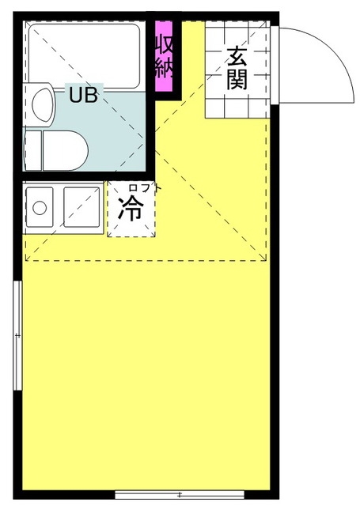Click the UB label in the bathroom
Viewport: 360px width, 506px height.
[x=84, y=95]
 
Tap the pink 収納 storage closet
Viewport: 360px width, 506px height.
[x=164, y=56]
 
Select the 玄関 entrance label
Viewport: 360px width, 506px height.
[x=237, y=69]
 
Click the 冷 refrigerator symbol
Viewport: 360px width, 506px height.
[x=131, y=209]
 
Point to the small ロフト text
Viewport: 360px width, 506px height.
[x=144, y=188]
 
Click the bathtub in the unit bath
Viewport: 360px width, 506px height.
[x=84, y=56]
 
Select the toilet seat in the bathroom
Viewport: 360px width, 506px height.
[x=65, y=150]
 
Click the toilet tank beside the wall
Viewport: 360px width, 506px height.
[x=33, y=150]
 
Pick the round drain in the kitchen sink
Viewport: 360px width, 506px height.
[x=40, y=208]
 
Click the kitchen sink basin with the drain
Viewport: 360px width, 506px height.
[x=40, y=207]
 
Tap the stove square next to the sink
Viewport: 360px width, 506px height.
[x=82, y=207]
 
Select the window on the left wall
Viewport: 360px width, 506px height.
[x=17, y=335]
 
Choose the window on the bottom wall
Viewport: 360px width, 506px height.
[x=180, y=494]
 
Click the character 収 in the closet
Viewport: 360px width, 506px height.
[x=164, y=44]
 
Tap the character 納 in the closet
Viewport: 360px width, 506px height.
[x=164, y=69]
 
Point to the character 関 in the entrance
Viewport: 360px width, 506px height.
[x=237, y=79]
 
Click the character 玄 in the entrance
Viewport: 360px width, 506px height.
[x=237, y=58]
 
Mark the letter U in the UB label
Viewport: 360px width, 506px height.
[x=76, y=95]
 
